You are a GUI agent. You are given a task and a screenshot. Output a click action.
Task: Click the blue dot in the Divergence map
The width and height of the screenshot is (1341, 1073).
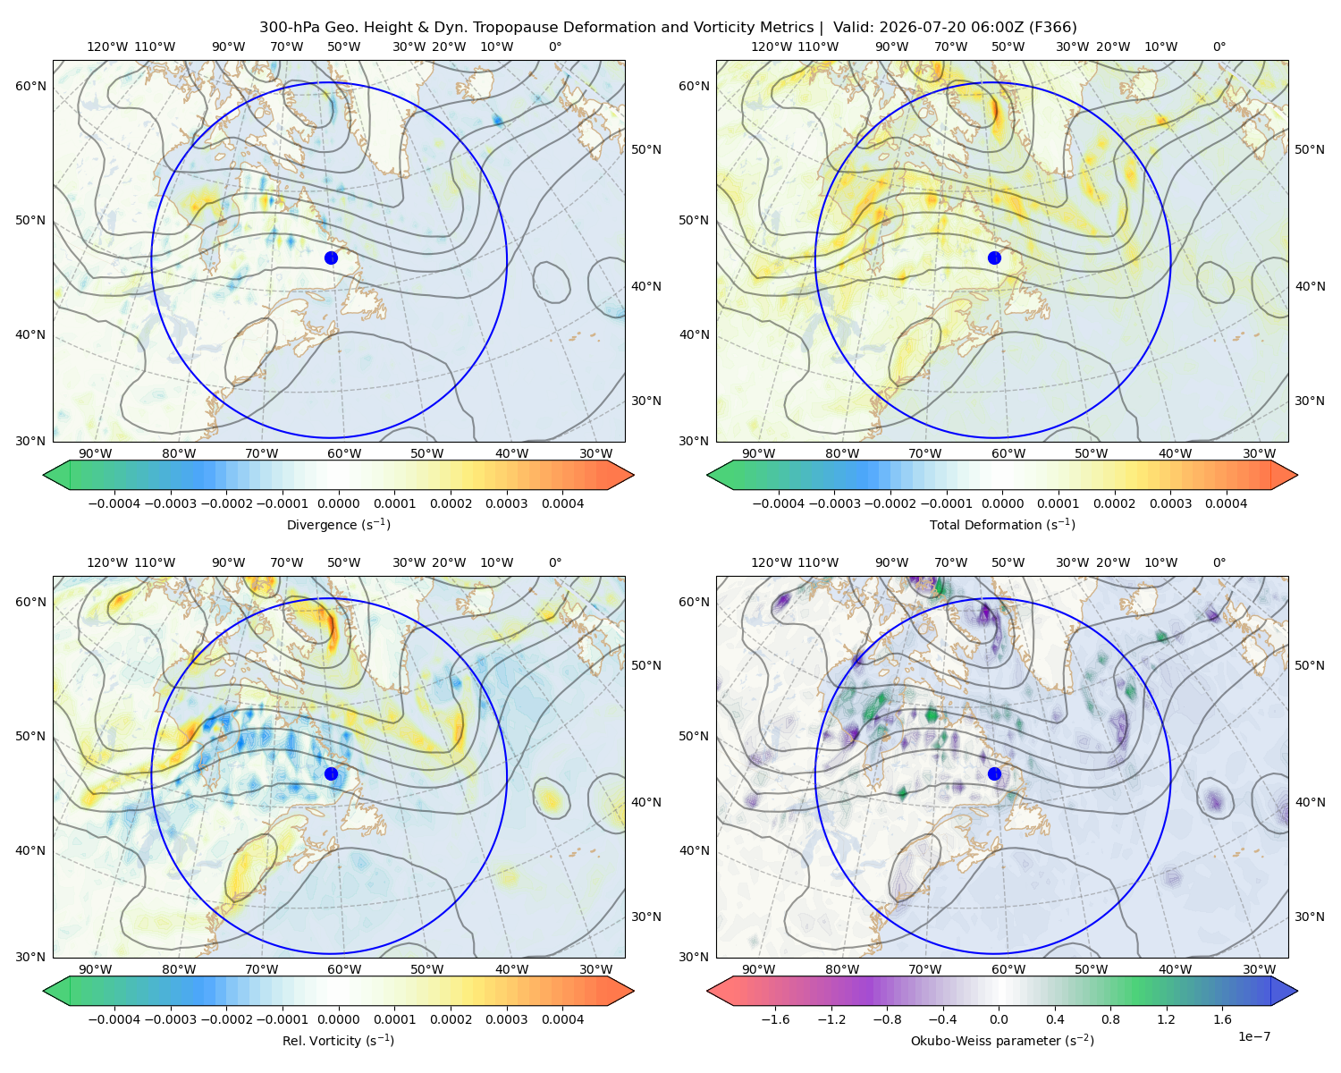[331, 258]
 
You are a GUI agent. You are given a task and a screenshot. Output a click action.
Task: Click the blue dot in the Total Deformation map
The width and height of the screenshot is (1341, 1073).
[994, 258]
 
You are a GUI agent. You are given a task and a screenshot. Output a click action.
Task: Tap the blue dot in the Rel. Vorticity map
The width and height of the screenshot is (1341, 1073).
[331, 773]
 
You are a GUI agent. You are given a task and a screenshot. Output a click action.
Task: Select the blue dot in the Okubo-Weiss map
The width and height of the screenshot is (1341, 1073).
[994, 773]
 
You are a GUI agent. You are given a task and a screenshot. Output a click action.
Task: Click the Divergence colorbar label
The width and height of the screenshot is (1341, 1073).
[338, 525]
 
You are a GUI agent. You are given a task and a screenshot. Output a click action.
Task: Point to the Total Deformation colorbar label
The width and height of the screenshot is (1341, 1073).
[1002, 525]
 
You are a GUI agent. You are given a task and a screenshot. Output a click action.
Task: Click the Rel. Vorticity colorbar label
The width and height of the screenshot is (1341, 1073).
[338, 1041]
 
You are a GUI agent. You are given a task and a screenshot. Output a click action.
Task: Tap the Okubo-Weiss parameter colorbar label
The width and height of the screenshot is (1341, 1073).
[1002, 1041]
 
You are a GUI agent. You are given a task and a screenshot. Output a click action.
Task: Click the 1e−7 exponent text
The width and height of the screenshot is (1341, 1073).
[1253, 1036]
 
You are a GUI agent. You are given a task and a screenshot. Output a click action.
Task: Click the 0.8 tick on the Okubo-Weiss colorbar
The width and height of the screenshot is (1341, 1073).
[1110, 1019]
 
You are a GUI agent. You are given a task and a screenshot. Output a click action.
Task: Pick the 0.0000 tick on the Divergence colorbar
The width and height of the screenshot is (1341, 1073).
[338, 503]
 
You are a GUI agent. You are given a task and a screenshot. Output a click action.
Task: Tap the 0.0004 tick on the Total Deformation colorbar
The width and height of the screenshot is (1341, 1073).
[1227, 503]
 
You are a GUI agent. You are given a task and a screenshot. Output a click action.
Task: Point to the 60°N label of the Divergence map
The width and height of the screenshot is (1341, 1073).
[30, 86]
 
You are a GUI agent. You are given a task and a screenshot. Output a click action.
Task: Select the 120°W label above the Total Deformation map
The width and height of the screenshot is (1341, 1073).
[772, 46]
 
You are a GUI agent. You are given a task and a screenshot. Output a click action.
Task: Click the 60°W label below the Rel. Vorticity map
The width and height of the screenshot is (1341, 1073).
[344, 969]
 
